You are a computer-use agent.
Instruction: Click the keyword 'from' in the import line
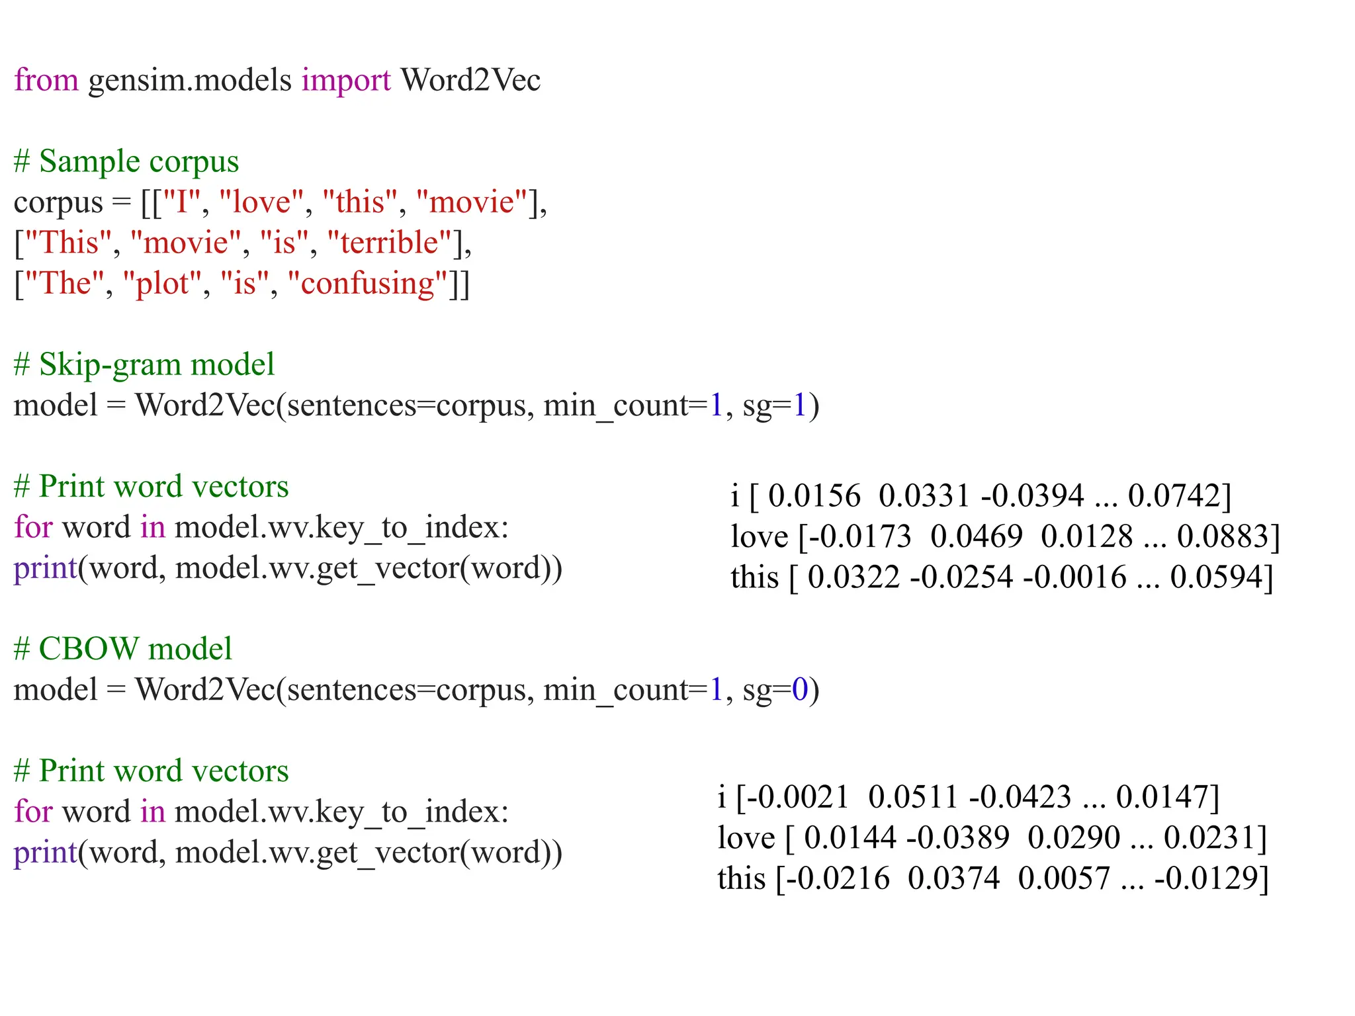[46, 80]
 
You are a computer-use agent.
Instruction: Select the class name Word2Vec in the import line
[470, 80]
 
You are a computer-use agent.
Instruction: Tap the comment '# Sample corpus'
[126, 161]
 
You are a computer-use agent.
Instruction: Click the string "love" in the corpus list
[261, 202]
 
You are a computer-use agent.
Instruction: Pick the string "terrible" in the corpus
[390, 243]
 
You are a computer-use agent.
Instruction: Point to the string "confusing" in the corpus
[369, 284]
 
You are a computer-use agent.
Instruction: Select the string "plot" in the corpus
[162, 284]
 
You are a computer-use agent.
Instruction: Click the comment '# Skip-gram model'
[144, 364]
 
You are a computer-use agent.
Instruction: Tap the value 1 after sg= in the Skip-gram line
[799, 405]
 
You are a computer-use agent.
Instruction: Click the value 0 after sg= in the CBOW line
[799, 690]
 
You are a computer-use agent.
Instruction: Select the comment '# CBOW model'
[122, 649]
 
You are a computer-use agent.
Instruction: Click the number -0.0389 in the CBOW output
[958, 838]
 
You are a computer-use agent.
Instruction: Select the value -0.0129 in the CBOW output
[1207, 879]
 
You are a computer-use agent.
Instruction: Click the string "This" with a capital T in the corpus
[69, 243]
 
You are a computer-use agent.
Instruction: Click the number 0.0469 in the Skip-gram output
[976, 536]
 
